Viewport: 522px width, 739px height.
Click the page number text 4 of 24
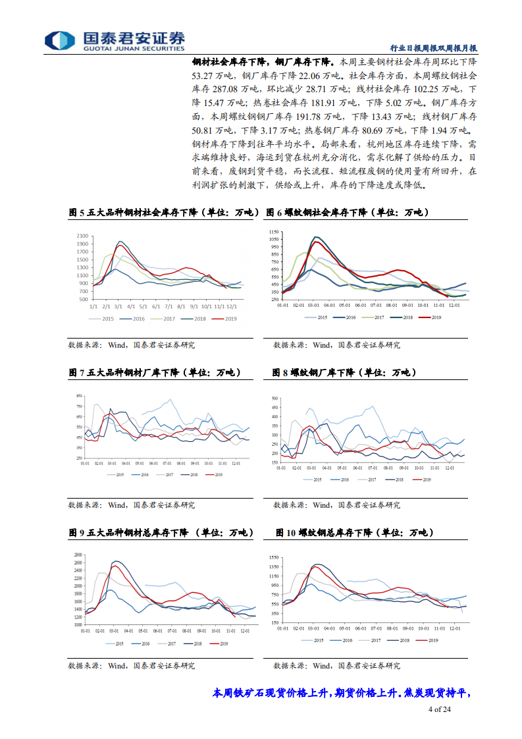439,709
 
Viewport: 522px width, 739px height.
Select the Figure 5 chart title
165,213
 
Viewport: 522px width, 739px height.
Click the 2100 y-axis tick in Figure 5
82,236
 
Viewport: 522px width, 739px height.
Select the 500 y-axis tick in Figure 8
274,398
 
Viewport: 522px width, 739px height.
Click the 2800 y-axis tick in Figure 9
77,555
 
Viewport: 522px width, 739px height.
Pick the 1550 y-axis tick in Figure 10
274,557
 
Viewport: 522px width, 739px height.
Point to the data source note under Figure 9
132,665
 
